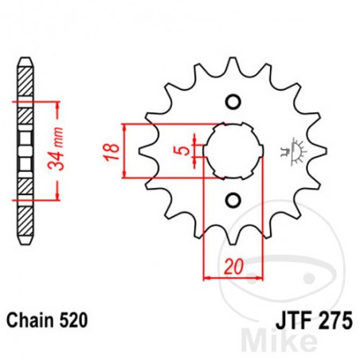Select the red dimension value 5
(x=184, y=149)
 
